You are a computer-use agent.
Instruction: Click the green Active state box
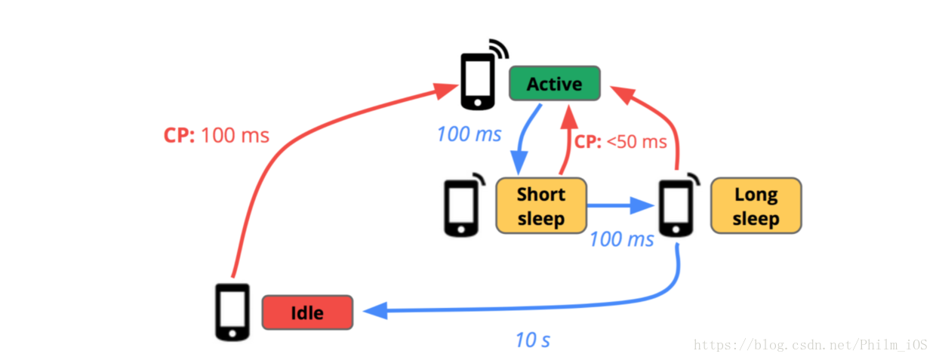pos(555,84)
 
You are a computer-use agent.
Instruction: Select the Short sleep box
pos(540,205)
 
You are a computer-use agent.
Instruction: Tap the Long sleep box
pos(756,205)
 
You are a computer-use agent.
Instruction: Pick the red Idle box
pos(307,312)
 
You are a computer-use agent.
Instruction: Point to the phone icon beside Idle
pos(232,312)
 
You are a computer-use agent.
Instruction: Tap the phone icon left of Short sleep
pos(459,207)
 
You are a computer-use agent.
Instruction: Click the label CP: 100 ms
pos(217,136)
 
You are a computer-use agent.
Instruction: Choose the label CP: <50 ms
pos(620,141)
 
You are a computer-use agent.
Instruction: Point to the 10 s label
pos(532,340)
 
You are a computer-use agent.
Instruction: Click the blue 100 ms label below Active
pos(469,135)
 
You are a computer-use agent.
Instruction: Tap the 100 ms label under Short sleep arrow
pos(621,239)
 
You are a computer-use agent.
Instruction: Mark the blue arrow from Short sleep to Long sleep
pos(619,205)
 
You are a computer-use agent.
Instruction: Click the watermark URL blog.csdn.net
pos(812,345)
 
